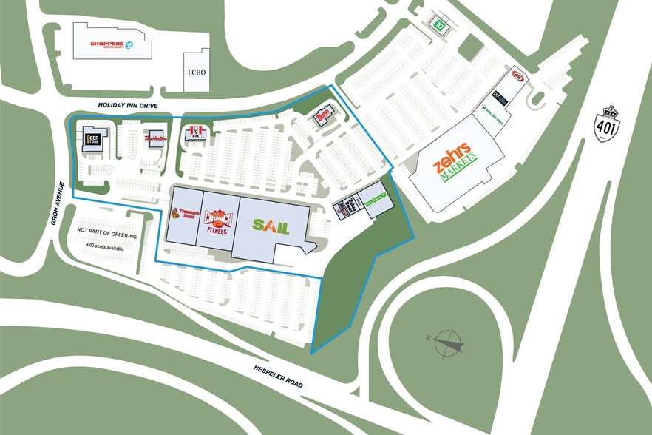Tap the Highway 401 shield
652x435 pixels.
pos(607,124)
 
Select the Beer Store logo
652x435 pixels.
pos(93,138)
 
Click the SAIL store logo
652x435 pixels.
pos(271,226)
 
